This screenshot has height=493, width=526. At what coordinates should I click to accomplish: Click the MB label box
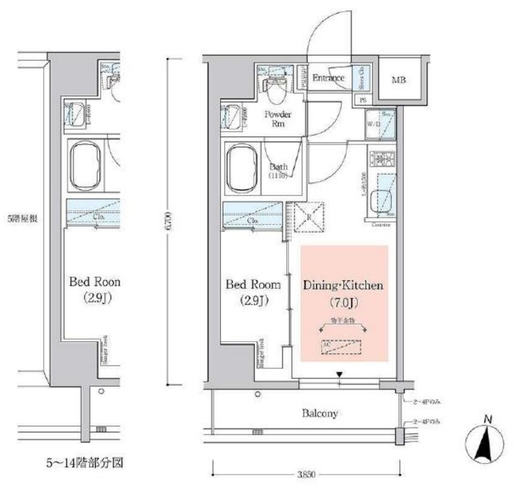tap(398, 81)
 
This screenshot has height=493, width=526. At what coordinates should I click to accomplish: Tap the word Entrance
tap(328, 78)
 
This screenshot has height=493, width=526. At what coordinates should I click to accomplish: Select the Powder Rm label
tap(277, 119)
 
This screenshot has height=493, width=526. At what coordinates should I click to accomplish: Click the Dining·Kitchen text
tap(344, 285)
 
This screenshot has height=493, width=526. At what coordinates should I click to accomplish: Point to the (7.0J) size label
tap(344, 302)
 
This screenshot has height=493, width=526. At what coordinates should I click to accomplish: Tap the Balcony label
tap(320, 413)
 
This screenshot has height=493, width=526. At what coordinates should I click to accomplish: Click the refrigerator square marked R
tap(310, 216)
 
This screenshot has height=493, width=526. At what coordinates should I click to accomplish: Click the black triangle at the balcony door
tap(340, 375)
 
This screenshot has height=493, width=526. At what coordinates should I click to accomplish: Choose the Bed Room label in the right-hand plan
tap(254, 285)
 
